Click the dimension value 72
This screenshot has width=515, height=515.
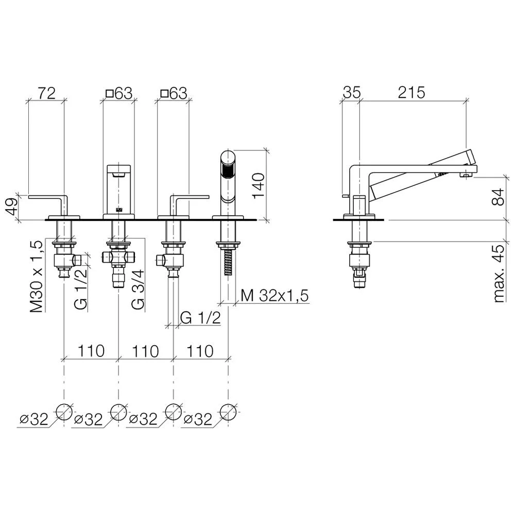tap(46, 93)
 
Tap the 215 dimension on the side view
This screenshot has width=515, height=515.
tap(411, 93)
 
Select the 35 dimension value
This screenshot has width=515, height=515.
tap(351, 93)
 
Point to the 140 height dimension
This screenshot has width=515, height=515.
tap(259, 185)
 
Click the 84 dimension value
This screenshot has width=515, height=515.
tap(498, 197)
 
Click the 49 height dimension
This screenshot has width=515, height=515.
tap(12, 207)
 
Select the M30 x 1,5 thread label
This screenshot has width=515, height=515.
tap(36, 276)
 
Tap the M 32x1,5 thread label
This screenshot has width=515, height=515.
tap(274, 296)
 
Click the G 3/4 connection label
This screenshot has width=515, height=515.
tap(138, 289)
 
